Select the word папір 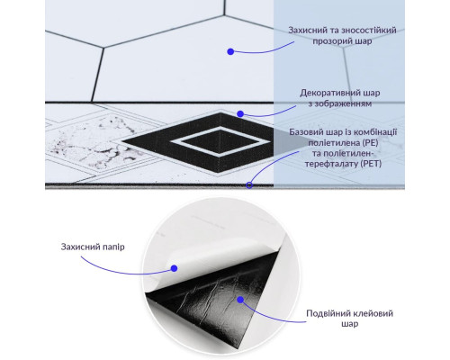tap(113, 247)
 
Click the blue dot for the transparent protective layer tap(230, 51)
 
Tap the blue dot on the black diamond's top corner tap(240, 113)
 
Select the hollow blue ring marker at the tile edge tap(249, 185)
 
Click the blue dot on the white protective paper tap(174, 268)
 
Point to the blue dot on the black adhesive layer tap(240, 300)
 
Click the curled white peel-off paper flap tap(210, 261)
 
